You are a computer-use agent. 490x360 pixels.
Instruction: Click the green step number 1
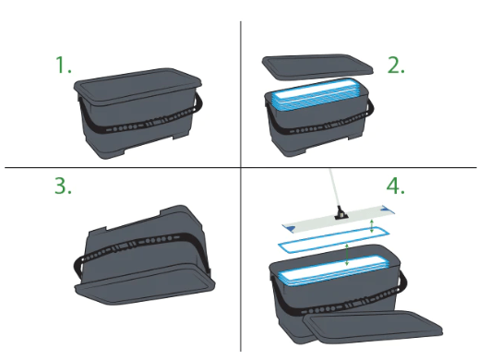64,65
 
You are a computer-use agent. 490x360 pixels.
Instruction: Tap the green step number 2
396,65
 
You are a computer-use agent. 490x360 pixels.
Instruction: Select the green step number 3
63,186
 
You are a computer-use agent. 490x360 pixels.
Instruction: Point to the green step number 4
396,186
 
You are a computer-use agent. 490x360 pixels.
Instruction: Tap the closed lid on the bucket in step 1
137,84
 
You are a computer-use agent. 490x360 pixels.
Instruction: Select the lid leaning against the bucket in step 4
373,327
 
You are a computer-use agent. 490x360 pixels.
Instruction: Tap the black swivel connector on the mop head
341,213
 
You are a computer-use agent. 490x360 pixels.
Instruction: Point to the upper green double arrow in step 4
372,226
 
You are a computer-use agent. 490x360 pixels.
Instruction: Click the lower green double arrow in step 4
347,255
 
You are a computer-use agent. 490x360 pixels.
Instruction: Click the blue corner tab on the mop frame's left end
291,229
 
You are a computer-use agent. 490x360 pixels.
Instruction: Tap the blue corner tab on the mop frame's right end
388,209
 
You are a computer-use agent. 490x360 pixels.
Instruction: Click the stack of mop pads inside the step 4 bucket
333,270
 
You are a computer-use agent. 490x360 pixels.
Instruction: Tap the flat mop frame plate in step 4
339,219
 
